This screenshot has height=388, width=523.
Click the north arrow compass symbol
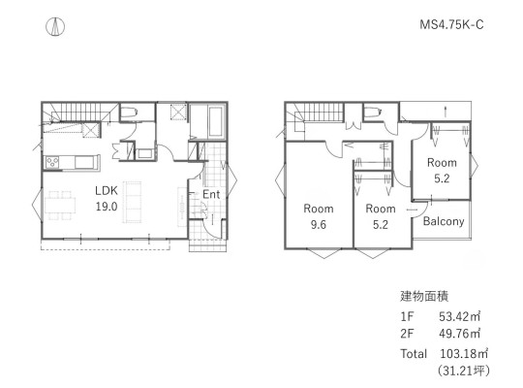point(55,26)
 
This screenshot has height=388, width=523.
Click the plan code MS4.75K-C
point(451,24)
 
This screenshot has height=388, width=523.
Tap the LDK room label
point(107,190)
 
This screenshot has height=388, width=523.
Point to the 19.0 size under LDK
point(107,207)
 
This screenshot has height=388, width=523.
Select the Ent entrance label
point(211,194)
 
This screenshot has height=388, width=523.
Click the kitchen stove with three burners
point(52,162)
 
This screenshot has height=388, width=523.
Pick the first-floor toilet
point(129,113)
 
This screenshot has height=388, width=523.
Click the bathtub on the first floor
point(216,122)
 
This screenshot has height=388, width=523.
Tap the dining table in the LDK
point(60,206)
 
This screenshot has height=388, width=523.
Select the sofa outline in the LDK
point(133,202)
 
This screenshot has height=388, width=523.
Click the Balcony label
point(444,221)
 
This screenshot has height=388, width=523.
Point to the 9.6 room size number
point(319,225)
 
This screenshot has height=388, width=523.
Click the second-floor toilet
point(373,113)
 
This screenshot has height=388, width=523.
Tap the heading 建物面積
point(424,296)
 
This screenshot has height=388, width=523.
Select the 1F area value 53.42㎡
point(459,316)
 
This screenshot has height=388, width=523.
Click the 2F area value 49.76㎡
point(459,334)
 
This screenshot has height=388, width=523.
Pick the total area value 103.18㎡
point(464,354)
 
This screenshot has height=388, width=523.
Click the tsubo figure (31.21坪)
point(464,371)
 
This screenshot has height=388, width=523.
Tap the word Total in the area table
point(414,354)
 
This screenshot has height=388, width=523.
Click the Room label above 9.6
point(319,209)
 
